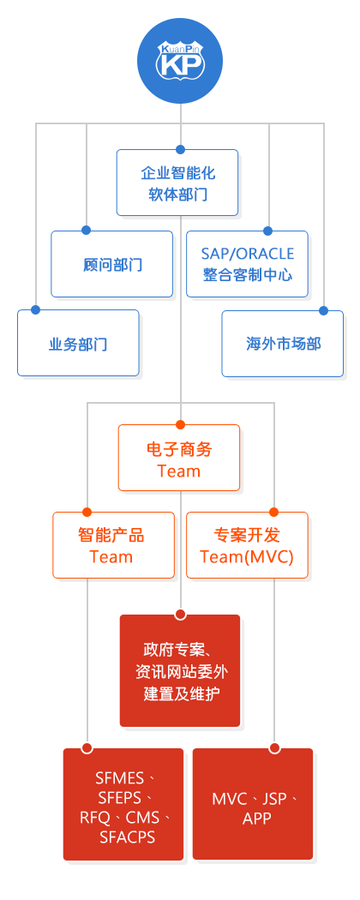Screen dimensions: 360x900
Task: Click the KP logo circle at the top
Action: pos(180,62)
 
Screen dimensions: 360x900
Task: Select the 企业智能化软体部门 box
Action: pos(177,183)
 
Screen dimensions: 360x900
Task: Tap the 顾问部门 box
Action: pos(112,264)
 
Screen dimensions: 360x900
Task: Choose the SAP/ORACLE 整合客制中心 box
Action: pos(248,264)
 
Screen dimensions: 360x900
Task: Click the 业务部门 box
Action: pos(78,343)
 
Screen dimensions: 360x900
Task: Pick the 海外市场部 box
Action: pos(283,344)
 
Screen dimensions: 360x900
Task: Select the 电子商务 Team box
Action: pos(179,458)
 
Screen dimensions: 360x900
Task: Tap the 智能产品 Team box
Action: pos(114,544)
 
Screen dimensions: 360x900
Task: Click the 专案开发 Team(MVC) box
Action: pos(248,544)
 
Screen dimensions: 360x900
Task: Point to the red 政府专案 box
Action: pos(180,670)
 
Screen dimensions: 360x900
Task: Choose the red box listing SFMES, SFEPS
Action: pos(123,804)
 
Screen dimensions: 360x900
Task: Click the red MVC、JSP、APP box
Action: pos(253,804)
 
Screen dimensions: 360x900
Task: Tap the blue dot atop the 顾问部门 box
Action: pos(86,231)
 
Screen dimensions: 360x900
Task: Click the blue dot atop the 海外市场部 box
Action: pos(323,310)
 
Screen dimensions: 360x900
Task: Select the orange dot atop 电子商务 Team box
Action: pos(180,425)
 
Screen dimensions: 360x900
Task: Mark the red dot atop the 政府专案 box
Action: pos(180,615)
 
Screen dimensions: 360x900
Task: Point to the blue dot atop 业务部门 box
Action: pos(36,310)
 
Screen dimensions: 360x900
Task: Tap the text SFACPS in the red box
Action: pos(127,837)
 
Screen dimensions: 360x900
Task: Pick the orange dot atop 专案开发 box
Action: pos(274,512)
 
